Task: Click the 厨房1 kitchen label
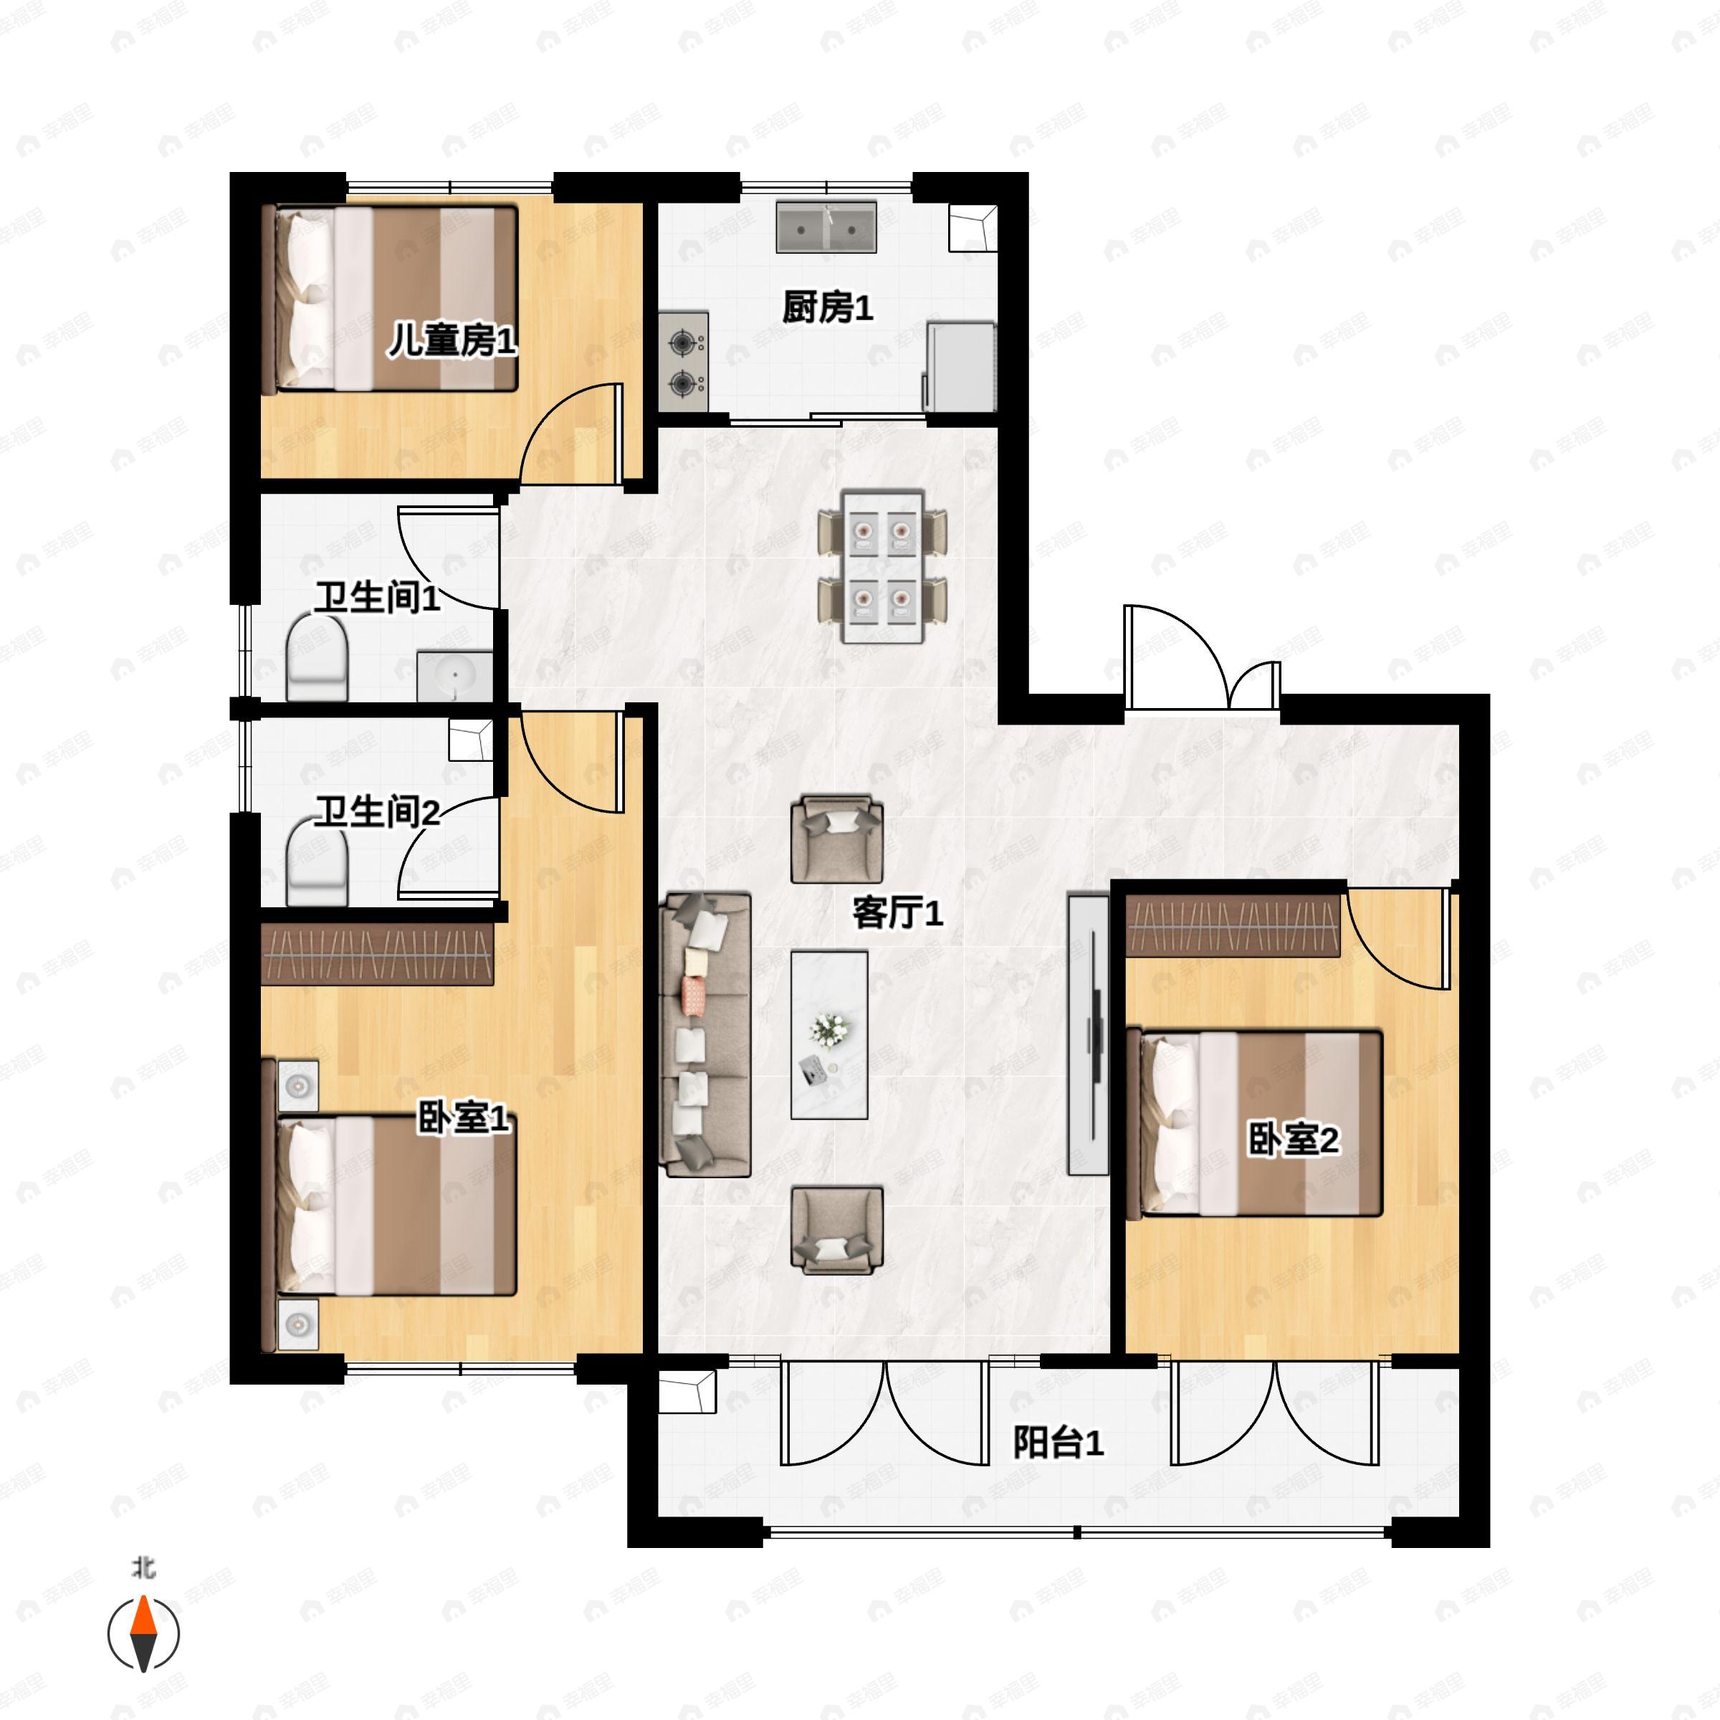point(827,308)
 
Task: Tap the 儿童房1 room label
point(451,340)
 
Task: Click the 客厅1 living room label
point(897,912)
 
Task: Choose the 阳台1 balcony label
point(1059,1442)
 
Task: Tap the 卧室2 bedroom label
point(1294,1139)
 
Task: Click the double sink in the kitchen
point(826,226)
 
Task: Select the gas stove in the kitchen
point(684,361)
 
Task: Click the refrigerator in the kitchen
point(960,366)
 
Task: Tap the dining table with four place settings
point(883,565)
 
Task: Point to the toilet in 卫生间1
point(317,659)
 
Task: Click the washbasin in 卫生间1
point(455,676)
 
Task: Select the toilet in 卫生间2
point(317,861)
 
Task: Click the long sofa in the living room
point(705,1036)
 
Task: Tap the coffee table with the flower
point(830,1034)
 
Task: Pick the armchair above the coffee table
point(837,839)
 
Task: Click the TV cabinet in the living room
point(1089,1034)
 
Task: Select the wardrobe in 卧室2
point(1233,926)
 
